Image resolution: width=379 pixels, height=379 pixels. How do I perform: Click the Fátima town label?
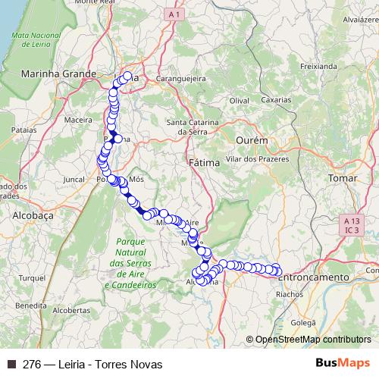click(x=202, y=162)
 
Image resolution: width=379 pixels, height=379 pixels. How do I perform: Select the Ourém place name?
click(x=252, y=141)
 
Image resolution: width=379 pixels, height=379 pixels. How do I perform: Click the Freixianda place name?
click(x=318, y=66)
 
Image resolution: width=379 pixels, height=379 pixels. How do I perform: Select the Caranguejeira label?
click(x=182, y=77)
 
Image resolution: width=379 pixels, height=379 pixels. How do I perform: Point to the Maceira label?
click(x=78, y=119)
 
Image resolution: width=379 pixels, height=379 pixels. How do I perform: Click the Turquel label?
click(x=33, y=278)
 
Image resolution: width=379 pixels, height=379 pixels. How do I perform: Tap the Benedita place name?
click(x=30, y=305)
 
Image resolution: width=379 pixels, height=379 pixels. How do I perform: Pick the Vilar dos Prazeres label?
click(x=258, y=159)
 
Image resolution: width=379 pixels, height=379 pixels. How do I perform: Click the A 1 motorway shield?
click(x=175, y=14)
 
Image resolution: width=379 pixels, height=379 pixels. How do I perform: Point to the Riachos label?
click(x=290, y=295)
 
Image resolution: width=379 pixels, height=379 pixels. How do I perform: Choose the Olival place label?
click(x=240, y=100)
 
